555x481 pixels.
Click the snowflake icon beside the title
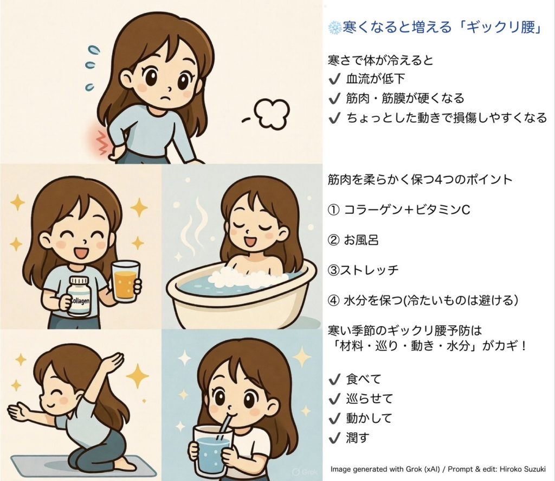pos(334,28)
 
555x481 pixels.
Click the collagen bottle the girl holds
pos(79,296)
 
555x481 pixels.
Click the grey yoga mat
pos(83,465)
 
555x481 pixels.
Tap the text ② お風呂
pos(353,240)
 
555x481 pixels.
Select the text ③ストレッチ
pos(363,270)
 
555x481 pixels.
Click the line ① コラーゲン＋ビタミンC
pos(399,210)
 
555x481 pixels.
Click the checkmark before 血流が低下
pos(334,79)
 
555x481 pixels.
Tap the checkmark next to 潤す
pos(334,439)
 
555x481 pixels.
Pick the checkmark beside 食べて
pos(334,379)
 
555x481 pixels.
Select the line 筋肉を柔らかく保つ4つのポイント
pos(420,179)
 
